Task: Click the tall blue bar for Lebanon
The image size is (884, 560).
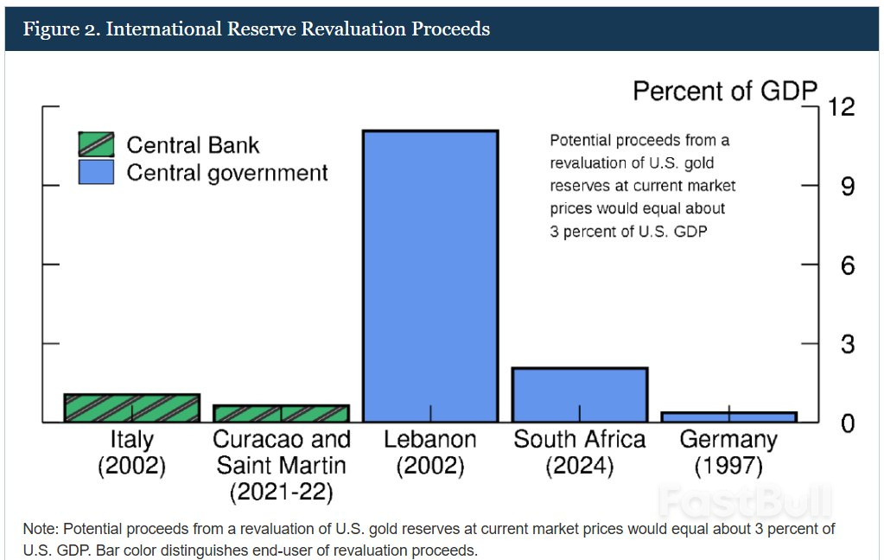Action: tap(430, 277)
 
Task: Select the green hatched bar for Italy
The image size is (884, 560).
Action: tap(132, 408)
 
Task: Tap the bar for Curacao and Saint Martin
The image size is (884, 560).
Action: tap(281, 413)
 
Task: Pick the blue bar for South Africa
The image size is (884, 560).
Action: tap(579, 394)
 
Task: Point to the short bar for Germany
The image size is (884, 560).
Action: tap(728, 417)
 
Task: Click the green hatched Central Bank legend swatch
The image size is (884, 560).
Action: tap(96, 144)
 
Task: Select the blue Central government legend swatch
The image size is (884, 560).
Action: tap(96, 172)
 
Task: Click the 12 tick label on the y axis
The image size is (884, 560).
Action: tap(841, 107)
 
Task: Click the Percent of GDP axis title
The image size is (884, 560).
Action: tap(725, 91)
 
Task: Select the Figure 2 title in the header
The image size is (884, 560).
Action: tap(256, 29)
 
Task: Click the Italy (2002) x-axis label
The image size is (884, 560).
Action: tap(132, 453)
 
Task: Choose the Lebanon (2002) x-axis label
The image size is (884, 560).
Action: tap(430, 453)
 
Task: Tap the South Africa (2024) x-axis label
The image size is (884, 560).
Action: tap(579, 453)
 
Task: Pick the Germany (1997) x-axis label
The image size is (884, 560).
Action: tap(728, 453)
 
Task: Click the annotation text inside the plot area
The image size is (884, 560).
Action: tap(642, 186)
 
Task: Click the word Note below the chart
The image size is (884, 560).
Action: tap(40, 528)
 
